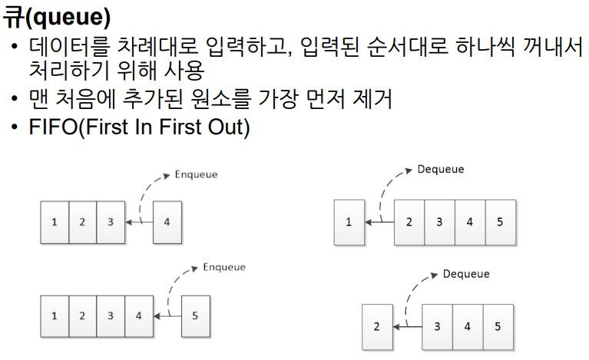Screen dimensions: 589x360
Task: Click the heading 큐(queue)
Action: click(56, 15)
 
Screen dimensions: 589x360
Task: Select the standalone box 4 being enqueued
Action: click(167, 222)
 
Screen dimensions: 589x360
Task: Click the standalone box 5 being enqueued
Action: click(195, 315)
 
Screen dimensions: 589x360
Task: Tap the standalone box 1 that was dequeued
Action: click(349, 223)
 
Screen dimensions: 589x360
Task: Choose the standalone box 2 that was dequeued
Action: click(377, 326)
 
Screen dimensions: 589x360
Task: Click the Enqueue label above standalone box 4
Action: click(197, 175)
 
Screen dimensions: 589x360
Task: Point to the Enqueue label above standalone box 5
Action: click(224, 267)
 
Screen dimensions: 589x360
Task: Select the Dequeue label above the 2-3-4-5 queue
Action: click(441, 169)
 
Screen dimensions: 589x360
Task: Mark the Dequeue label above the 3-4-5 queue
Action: click(466, 274)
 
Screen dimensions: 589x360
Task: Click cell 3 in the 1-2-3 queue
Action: click(111, 222)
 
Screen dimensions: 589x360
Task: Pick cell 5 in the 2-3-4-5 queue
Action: click(499, 223)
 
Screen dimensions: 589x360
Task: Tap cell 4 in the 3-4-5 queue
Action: click(467, 326)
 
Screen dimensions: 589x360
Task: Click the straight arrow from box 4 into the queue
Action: click(139, 222)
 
